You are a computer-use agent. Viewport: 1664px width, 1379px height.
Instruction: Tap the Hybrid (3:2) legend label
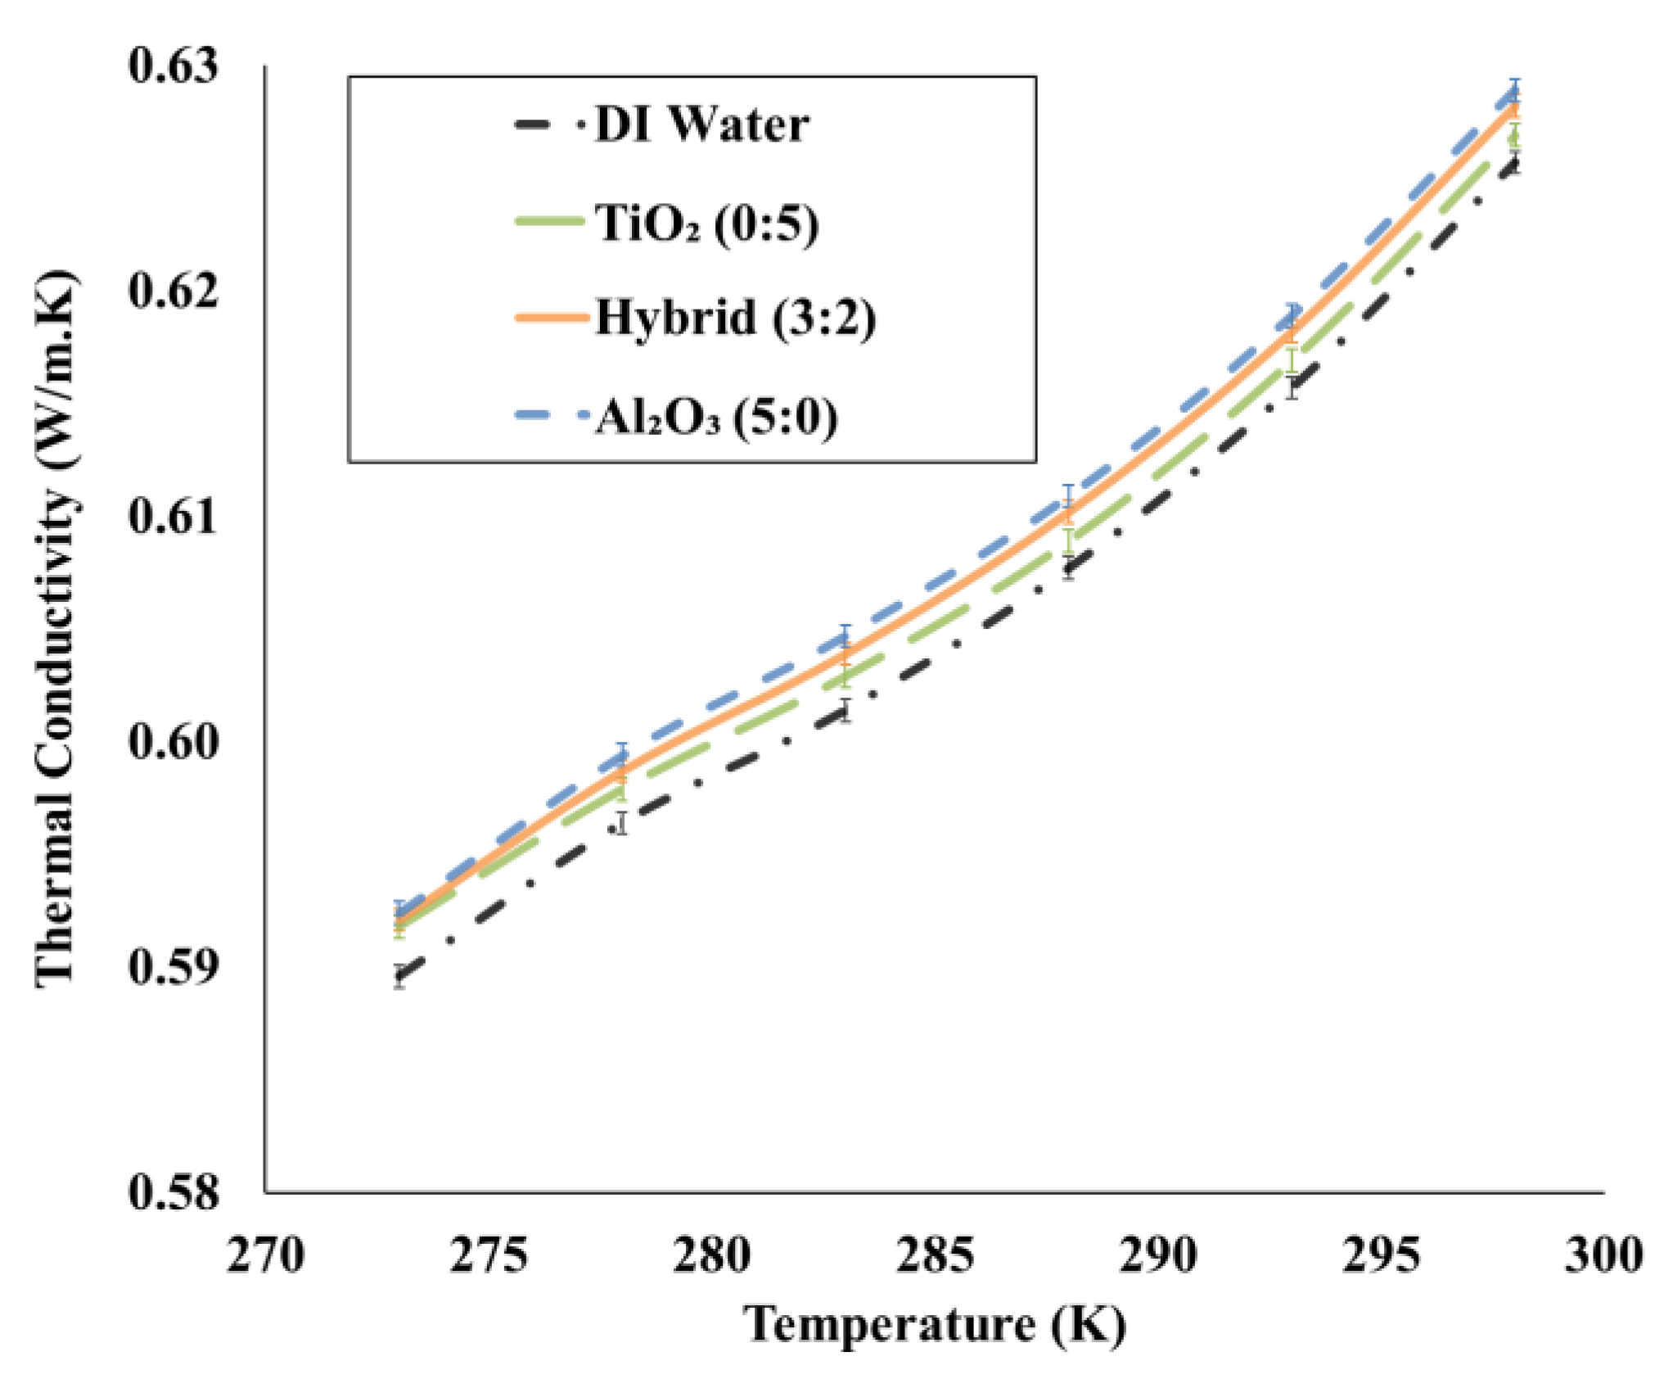[x=735, y=318]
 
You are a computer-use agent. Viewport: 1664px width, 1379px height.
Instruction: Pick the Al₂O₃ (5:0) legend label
[x=716, y=417]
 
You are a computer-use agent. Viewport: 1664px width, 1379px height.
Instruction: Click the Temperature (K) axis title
[x=934, y=1325]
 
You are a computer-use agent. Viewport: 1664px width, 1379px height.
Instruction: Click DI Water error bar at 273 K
[x=399, y=976]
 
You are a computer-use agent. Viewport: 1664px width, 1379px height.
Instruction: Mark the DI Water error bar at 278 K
[x=622, y=822]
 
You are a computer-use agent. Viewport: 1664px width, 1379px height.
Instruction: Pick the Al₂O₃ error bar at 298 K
[x=1515, y=90]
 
